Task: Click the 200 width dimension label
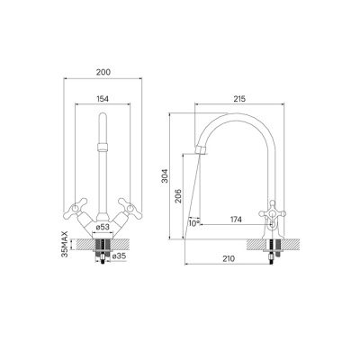[x=103, y=72]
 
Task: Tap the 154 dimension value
[x=103, y=98]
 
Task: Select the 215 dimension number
[x=239, y=99]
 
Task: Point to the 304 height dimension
[x=166, y=176]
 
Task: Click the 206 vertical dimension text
[x=178, y=196]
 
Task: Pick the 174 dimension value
[x=236, y=220]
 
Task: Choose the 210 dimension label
[x=229, y=258]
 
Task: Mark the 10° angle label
[x=194, y=223]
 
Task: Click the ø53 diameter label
[x=103, y=228]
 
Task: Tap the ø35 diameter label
[x=118, y=256]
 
